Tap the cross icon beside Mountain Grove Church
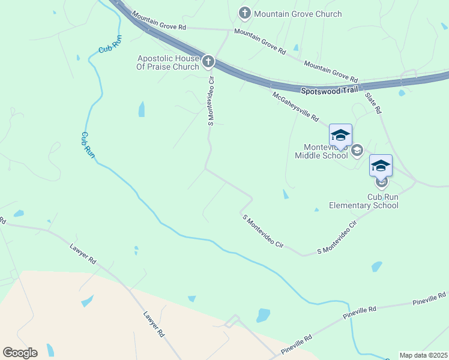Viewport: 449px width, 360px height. [x=244, y=13]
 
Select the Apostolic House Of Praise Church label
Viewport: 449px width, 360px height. [x=168, y=62]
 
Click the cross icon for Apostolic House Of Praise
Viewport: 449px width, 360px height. [x=208, y=61]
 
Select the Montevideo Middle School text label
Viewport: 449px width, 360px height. [x=321, y=151]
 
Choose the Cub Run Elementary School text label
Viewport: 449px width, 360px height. [x=363, y=201]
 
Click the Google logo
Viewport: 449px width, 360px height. [x=20, y=353]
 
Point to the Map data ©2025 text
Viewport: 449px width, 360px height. [x=423, y=355]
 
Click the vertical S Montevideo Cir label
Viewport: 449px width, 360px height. [x=211, y=101]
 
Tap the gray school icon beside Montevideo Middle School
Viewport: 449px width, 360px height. [x=357, y=150]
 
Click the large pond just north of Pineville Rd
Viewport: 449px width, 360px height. [x=263, y=315]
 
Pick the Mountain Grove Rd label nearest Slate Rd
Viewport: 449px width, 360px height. [x=331, y=71]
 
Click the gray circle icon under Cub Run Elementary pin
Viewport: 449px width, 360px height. [x=381, y=181]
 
